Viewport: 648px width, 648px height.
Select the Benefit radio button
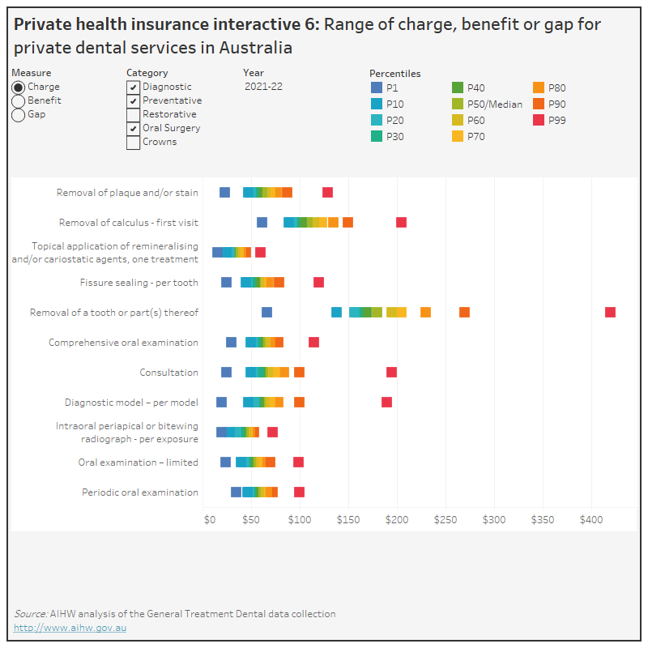point(19,101)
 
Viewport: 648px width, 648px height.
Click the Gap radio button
point(19,115)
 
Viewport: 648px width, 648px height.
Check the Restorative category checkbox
point(133,115)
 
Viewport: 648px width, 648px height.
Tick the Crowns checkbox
point(133,143)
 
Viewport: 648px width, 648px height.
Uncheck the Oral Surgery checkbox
point(133,129)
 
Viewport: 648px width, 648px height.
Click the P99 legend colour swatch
point(539,121)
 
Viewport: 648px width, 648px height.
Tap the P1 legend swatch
point(377,87)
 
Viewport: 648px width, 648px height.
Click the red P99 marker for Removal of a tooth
point(610,313)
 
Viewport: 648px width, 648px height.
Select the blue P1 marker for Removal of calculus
point(262,222)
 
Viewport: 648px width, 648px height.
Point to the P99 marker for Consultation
point(391,373)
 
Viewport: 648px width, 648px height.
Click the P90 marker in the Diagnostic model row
point(299,403)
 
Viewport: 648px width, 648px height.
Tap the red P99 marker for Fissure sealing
point(318,282)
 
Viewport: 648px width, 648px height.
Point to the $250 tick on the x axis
point(446,519)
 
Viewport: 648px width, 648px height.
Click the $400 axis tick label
point(591,519)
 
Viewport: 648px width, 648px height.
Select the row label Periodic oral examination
point(139,492)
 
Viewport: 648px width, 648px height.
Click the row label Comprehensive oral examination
point(123,343)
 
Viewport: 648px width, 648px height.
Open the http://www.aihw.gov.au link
point(70,628)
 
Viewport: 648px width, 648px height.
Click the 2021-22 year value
point(263,87)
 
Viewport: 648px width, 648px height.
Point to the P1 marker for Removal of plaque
point(224,192)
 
